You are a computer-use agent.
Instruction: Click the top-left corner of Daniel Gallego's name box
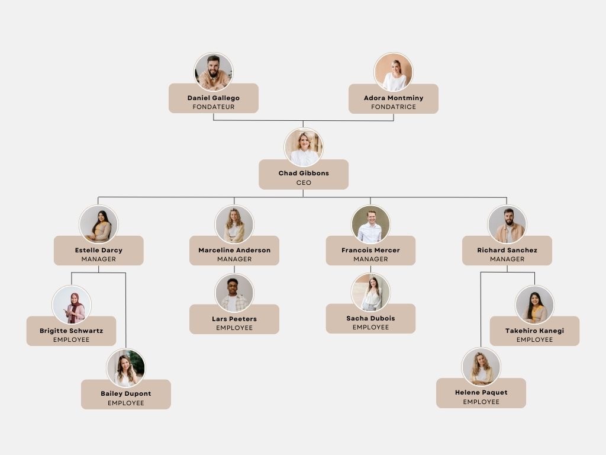point(169,84)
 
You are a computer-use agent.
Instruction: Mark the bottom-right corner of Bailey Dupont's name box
point(170,409)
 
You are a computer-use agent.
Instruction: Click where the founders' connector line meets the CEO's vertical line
point(303,121)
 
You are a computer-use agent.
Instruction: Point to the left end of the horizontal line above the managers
point(98,197)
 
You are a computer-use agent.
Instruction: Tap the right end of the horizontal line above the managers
point(507,197)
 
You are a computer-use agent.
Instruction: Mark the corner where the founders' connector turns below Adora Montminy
point(394,121)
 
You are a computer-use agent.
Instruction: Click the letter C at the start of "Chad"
point(281,173)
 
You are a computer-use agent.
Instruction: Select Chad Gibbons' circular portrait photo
point(304,147)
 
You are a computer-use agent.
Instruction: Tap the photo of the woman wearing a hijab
point(72,305)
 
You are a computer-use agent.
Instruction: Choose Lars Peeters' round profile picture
point(234,293)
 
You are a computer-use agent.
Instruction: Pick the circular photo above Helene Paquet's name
point(481,367)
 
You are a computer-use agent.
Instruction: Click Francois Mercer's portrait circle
point(370,225)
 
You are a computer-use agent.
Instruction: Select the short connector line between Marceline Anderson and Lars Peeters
point(234,270)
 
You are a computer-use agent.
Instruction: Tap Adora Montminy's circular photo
point(394,72)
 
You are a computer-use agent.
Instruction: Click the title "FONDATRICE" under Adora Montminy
point(394,107)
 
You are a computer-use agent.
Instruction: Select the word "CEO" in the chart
point(304,182)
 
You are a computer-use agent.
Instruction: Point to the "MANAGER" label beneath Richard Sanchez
point(507,259)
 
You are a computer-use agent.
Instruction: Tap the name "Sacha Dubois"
point(370,318)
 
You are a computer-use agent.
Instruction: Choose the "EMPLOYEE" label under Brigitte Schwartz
point(72,339)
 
